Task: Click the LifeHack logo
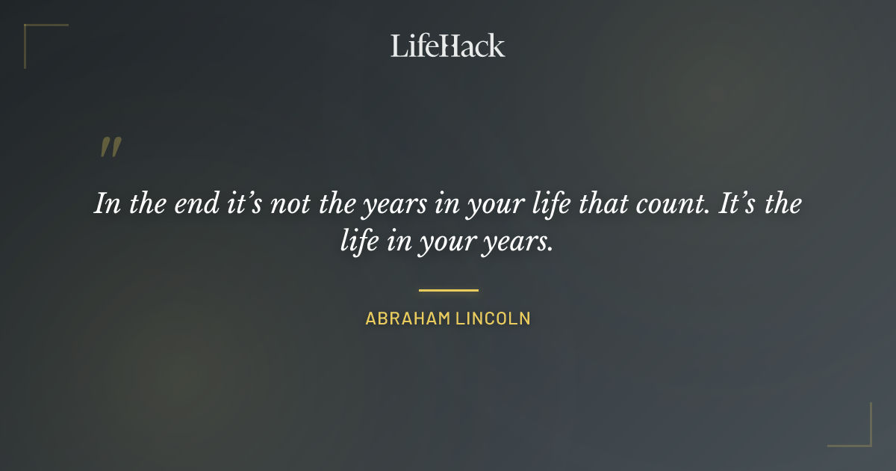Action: [448, 46]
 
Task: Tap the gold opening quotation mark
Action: [110, 147]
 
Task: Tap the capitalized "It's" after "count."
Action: [738, 204]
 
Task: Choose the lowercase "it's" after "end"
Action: [240, 204]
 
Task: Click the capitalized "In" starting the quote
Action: [107, 204]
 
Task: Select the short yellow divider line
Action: [448, 290]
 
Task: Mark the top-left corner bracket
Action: [30, 30]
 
